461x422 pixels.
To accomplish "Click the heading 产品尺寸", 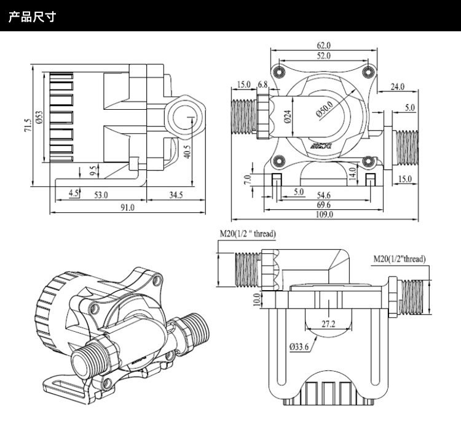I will pyautogui.click(x=32, y=16).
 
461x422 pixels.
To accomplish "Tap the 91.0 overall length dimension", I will pyautogui.click(x=127, y=208).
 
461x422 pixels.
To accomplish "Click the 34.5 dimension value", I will pyautogui.click(x=176, y=195).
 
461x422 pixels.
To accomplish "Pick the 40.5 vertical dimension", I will pyautogui.click(x=187, y=150).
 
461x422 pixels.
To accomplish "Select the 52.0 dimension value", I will pyautogui.click(x=324, y=56).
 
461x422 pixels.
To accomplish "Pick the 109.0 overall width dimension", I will pyautogui.click(x=324, y=215).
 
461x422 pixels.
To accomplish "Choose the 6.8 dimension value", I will pyautogui.click(x=262, y=84).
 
